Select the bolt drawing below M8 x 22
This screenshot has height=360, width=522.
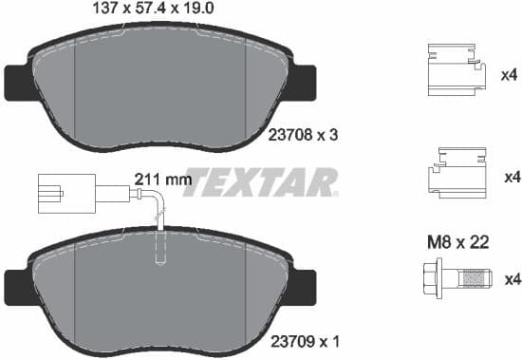pos(455,278)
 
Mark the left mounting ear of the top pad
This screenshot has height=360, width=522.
pos(16,82)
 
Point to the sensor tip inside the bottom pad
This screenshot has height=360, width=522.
pos(159,254)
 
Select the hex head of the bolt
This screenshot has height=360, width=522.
pos(426,278)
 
